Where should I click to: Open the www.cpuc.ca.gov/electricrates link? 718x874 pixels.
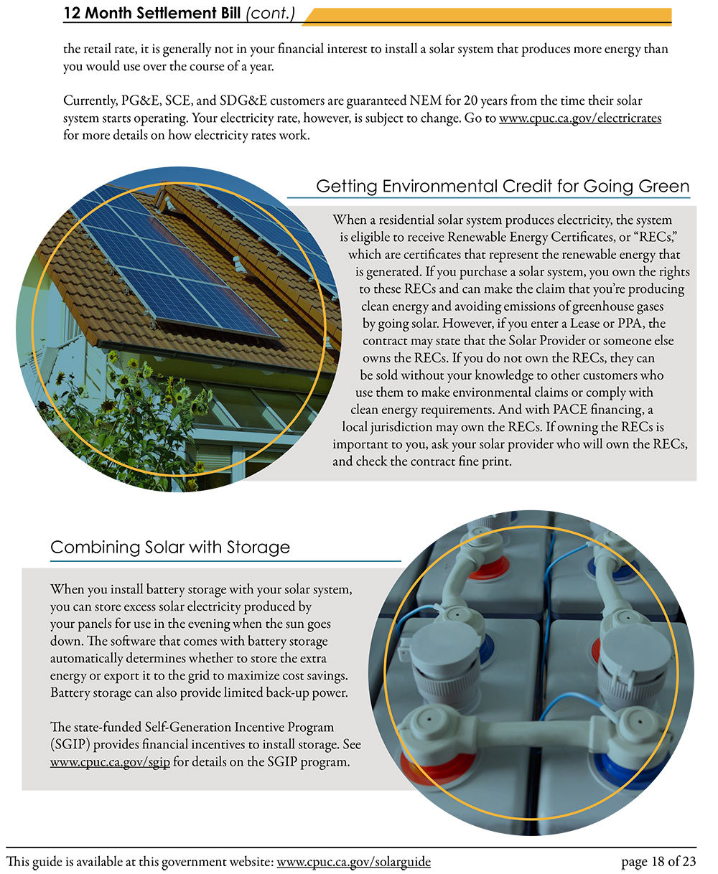580,118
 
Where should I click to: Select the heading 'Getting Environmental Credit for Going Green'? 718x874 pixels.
503,187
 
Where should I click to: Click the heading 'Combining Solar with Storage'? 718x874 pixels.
170,548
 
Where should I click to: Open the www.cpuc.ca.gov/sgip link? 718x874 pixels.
110,762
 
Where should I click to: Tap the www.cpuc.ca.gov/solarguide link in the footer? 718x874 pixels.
353,862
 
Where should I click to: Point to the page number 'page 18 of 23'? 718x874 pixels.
658,862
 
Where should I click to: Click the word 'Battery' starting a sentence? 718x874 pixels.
70,693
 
